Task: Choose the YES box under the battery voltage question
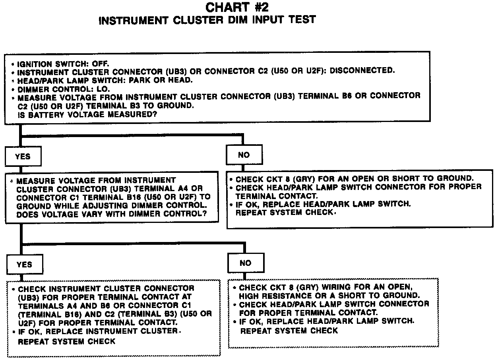tap(23, 156)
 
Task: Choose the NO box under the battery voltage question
tap(244, 155)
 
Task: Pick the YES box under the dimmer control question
tap(25, 264)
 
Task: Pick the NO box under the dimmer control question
tap(246, 263)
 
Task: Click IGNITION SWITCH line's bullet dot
tap(13, 64)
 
